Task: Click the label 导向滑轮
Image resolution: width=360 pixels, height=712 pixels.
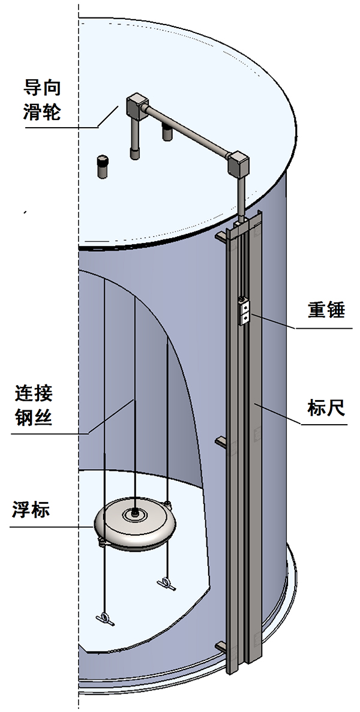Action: [x=41, y=100]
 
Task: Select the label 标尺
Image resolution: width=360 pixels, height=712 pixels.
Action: [x=326, y=409]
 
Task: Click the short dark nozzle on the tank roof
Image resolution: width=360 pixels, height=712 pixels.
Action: [x=104, y=167]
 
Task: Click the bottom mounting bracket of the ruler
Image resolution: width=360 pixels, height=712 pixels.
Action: [x=221, y=646]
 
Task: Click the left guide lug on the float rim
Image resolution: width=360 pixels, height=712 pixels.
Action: [x=103, y=543]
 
